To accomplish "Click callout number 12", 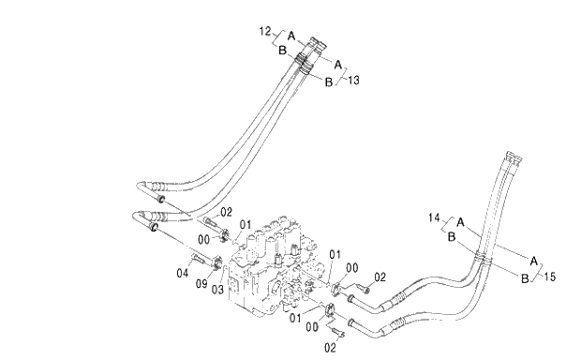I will (264, 31).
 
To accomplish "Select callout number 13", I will (353, 82).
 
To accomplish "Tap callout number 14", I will (434, 217).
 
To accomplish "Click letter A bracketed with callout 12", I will (291, 37).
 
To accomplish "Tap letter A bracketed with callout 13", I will (338, 65).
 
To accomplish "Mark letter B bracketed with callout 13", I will (329, 82).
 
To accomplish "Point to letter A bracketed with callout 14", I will (460, 222).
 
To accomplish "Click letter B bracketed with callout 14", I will (451, 238).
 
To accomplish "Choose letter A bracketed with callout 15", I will (533, 260).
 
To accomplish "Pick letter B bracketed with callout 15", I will (525, 276).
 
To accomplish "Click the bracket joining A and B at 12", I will (276, 40).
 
